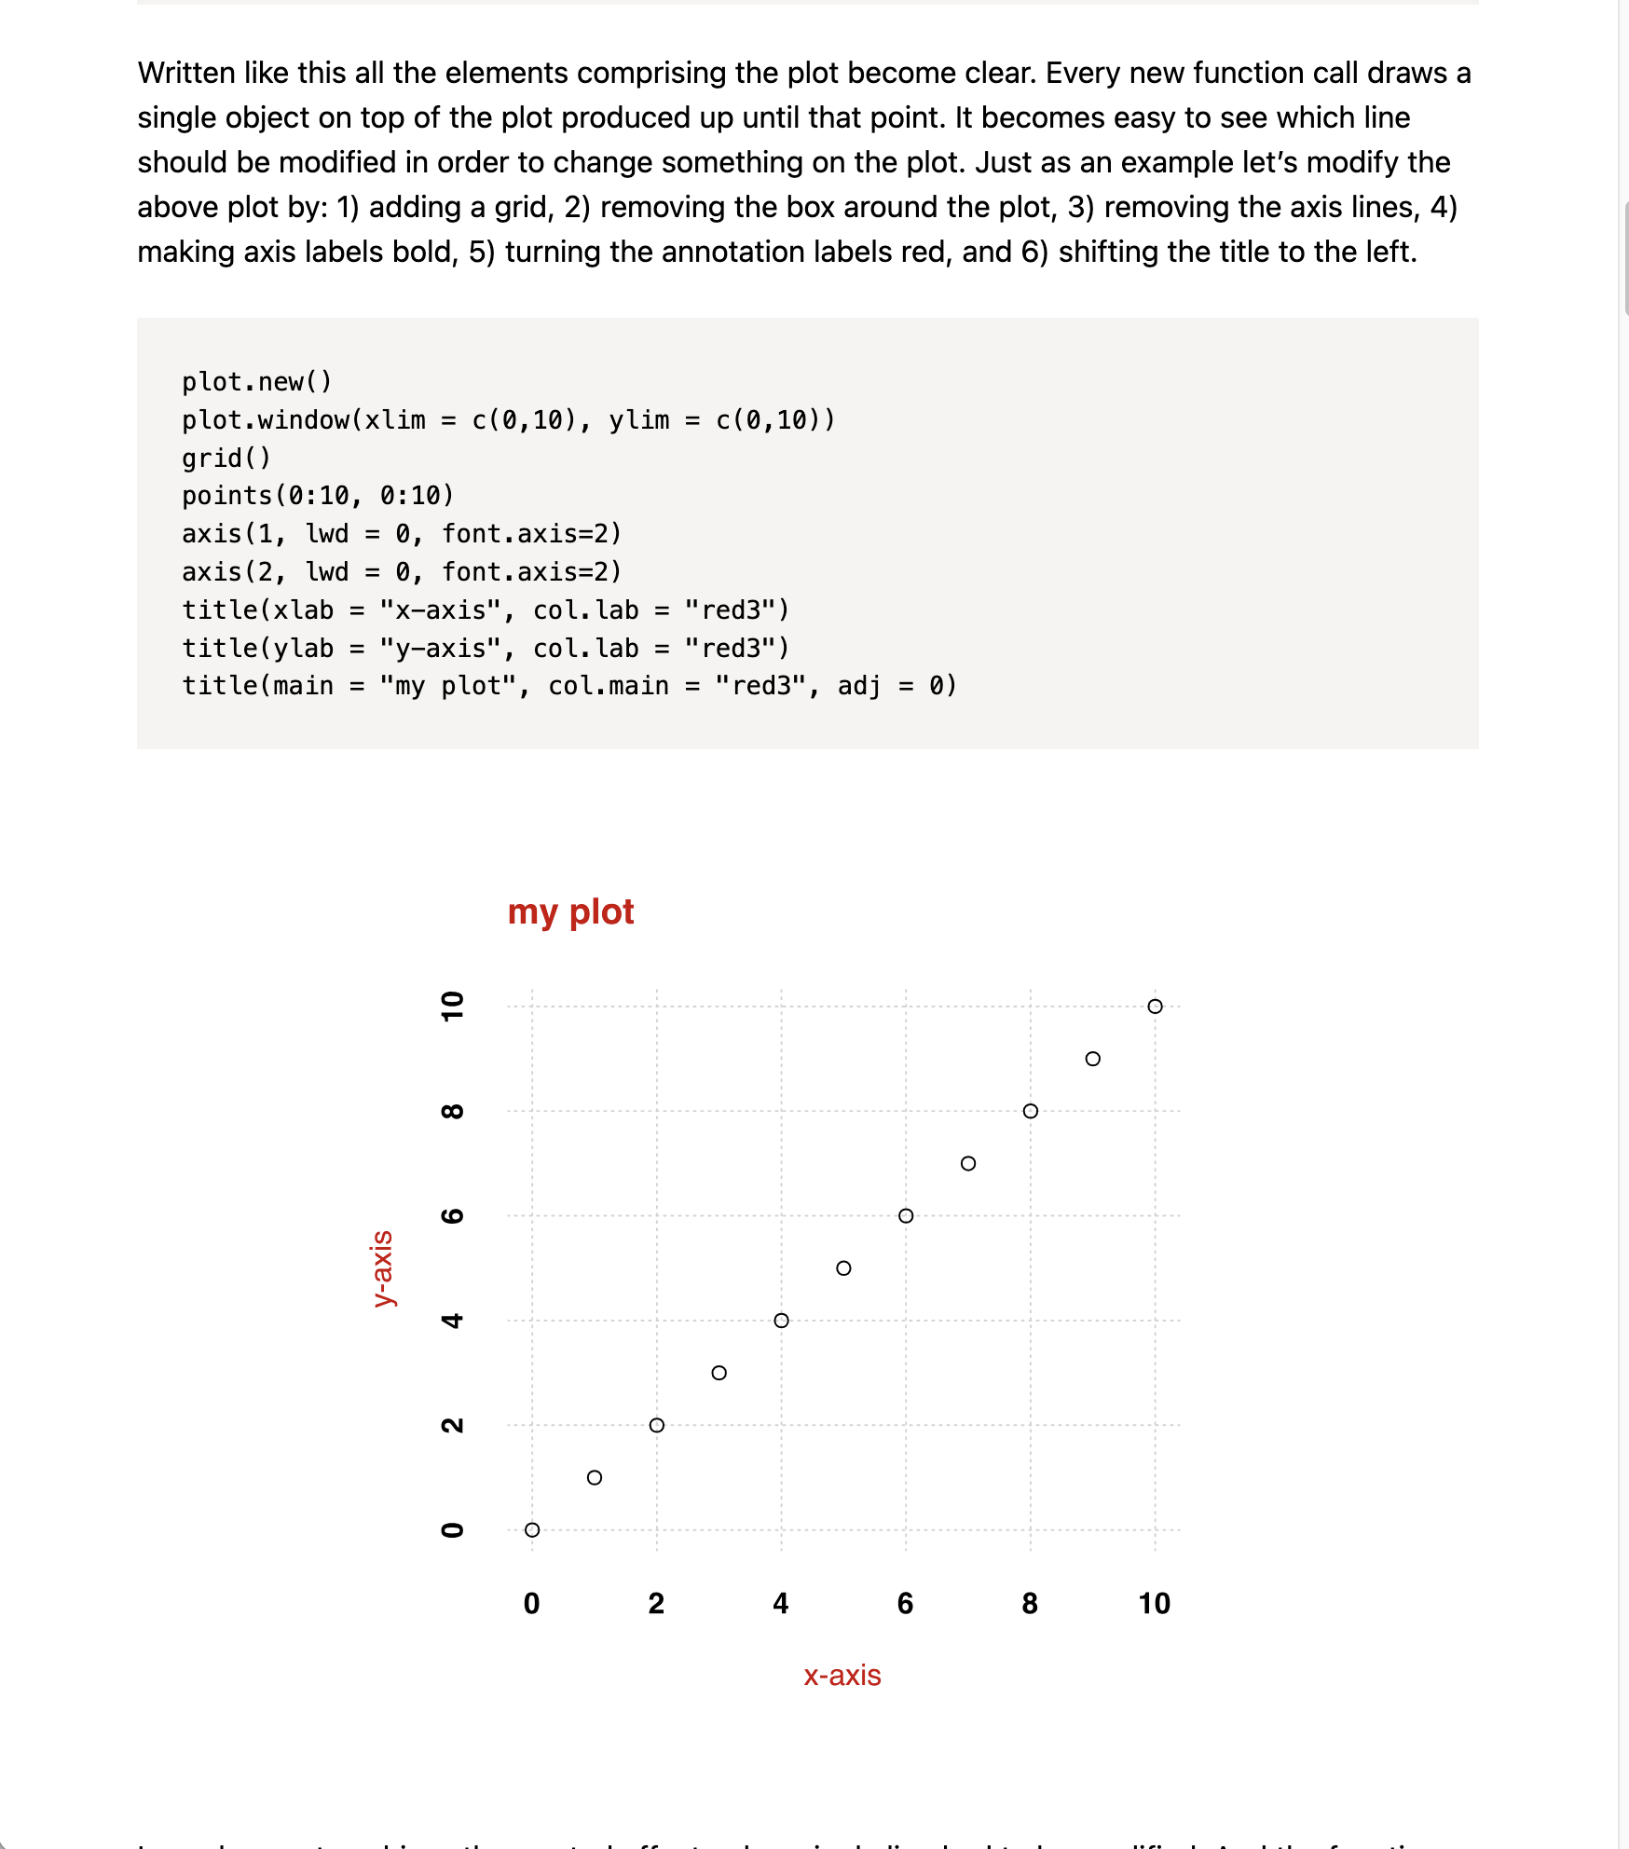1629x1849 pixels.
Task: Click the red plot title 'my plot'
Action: point(570,911)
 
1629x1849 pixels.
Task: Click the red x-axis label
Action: point(842,1675)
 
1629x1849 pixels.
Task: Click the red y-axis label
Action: point(382,1268)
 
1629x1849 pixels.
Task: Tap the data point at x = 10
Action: point(1155,1007)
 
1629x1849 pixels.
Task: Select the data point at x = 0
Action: point(532,1529)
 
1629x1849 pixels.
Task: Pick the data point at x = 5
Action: point(843,1268)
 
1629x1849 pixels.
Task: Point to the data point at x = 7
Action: point(968,1163)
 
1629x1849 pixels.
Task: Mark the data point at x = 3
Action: point(719,1373)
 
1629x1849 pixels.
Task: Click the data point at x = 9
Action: point(1093,1059)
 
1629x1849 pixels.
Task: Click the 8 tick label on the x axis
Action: point(1030,1603)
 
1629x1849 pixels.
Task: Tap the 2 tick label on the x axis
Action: point(656,1603)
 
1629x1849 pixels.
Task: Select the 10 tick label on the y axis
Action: point(452,1007)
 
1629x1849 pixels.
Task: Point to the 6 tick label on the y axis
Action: point(452,1215)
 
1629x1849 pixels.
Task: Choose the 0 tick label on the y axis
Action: point(452,1529)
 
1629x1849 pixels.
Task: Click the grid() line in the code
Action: point(226,458)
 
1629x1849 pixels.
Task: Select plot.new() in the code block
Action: point(256,381)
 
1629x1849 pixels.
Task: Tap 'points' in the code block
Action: point(226,496)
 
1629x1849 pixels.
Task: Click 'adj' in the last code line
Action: point(859,686)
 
